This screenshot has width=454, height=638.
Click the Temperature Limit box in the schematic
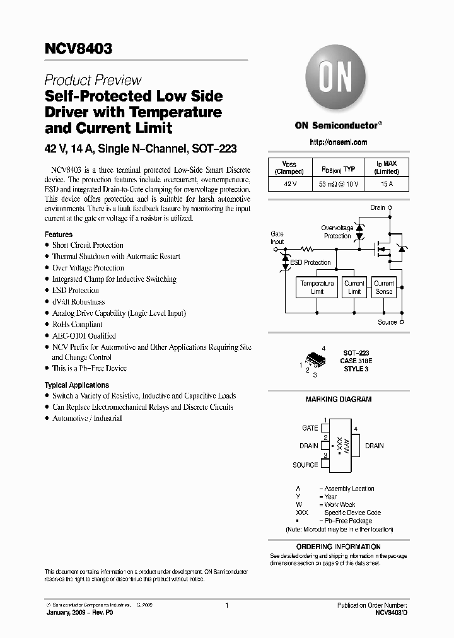tap(317, 287)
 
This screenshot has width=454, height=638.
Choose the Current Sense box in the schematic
tap(383, 287)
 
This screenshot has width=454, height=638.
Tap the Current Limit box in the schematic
tap(354, 287)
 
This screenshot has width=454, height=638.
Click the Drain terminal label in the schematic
tap(377, 207)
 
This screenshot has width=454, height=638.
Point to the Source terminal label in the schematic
tap(387, 322)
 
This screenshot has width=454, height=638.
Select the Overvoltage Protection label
tap(337, 232)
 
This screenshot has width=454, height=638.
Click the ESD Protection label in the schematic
tap(310, 262)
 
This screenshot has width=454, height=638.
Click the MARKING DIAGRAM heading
tap(339, 399)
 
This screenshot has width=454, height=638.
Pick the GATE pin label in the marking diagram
tap(310, 428)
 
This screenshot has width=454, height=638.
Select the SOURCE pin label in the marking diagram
tap(305, 465)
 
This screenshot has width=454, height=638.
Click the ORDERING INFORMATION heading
tap(339, 547)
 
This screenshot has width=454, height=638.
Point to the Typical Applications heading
tap(76, 385)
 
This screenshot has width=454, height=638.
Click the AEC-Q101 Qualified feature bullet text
tap(84, 336)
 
